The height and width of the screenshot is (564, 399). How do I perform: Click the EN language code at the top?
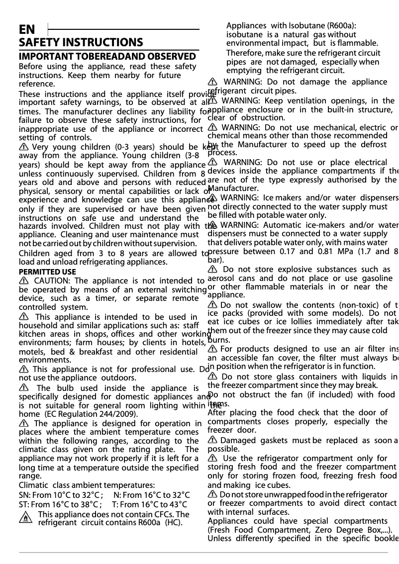[27, 29]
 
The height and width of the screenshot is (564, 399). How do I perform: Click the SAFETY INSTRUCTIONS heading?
[81, 43]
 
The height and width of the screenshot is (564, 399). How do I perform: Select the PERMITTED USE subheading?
[47, 272]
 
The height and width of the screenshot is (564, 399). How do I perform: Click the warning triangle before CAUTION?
[23, 281]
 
